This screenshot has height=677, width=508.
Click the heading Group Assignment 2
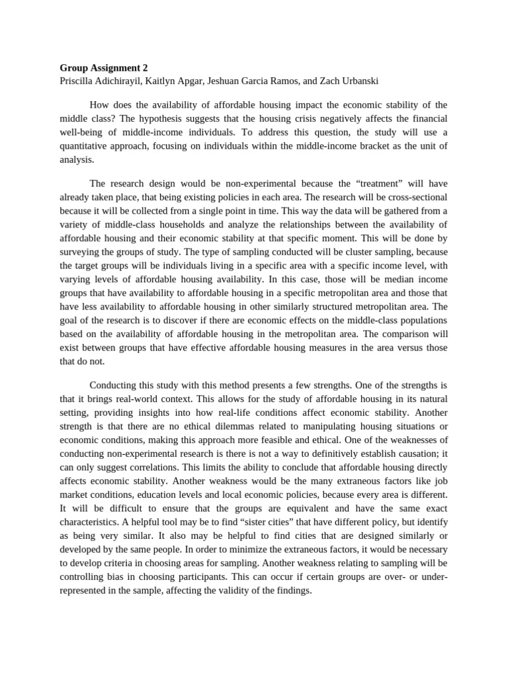pyautogui.click(x=104, y=67)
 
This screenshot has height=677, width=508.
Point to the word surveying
pyautogui.click(x=80, y=251)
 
